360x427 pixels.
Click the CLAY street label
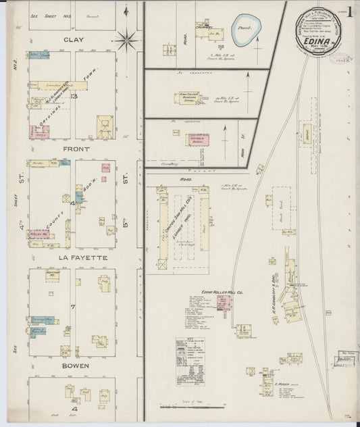[x=74, y=39]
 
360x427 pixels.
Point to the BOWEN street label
[x=73, y=366]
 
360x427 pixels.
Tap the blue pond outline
[x=245, y=28]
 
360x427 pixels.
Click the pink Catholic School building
[x=198, y=140]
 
